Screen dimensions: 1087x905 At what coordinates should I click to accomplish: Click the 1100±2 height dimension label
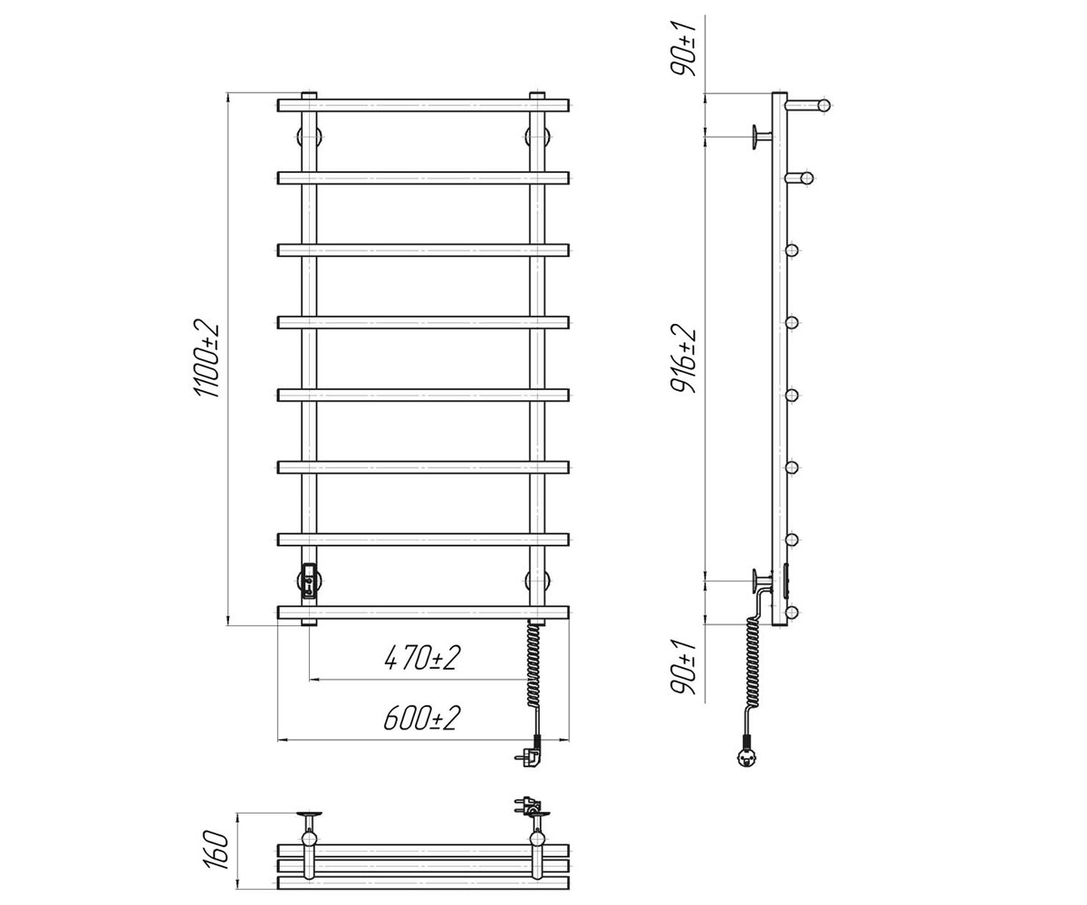click(x=207, y=359)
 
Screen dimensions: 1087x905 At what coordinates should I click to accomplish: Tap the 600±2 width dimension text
click(x=422, y=719)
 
